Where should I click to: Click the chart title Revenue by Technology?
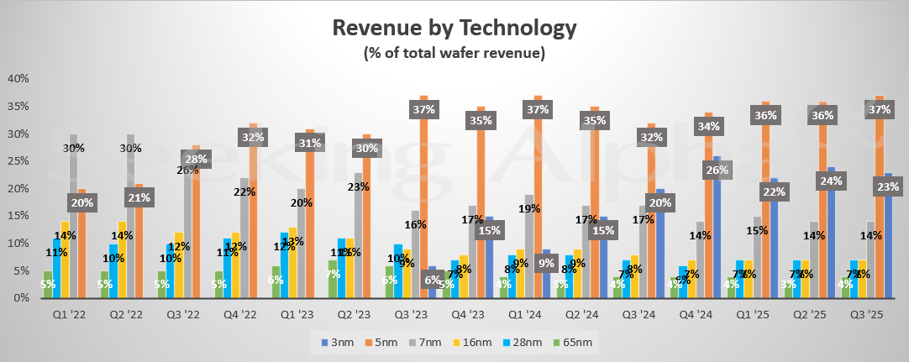pos(454,27)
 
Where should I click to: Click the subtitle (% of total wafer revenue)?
pos(454,53)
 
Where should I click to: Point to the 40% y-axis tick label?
pos(18,79)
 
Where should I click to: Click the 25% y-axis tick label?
pos(18,161)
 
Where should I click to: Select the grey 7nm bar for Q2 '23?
pos(359,244)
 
